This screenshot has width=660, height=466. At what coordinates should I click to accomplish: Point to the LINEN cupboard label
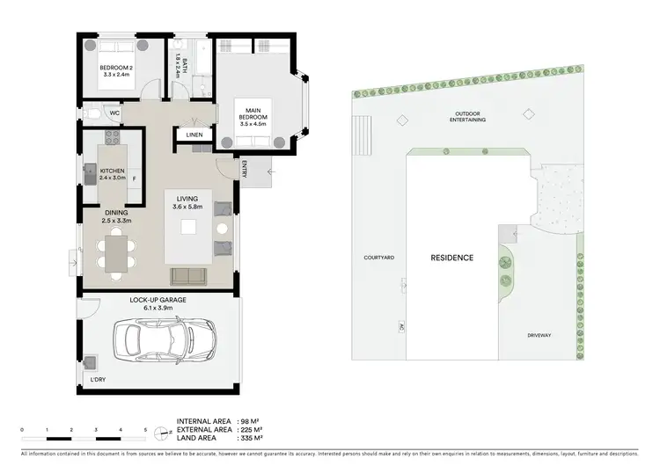click(x=194, y=135)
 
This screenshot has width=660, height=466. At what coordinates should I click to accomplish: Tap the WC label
click(x=114, y=113)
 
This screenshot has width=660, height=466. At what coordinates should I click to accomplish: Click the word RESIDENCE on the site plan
click(x=451, y=258)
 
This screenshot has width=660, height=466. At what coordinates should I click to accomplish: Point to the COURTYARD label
click(x=378, y=258)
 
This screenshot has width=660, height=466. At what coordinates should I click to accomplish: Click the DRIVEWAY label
click(x=539, y=335)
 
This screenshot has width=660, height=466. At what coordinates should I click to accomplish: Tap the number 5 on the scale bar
click(x=145, y=429)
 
